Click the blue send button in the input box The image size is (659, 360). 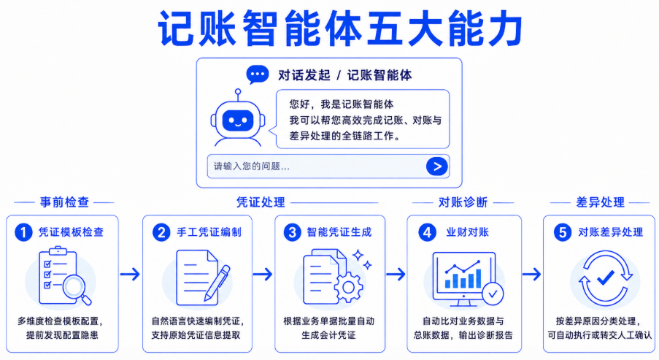(x=436, y=166)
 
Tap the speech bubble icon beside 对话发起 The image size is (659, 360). (x=257, y=74)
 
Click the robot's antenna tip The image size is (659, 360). (x=238, y=91)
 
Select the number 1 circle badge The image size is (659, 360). (x=23, y=232)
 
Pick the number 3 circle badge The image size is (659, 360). (x=293, y=232)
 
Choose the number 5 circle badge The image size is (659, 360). (x=563, y=232)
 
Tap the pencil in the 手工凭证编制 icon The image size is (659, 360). (x=217, y=283)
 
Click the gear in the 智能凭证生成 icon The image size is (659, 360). (x=348, y=287)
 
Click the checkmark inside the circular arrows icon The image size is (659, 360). (x=606, y=277)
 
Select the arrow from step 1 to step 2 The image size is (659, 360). (x=130, y=275)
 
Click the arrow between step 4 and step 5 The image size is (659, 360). (x=531, y=275)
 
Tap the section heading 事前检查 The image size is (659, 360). (x=64, y=202)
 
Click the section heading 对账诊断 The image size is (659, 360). (x=463, y=202)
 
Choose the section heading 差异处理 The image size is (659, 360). (x=600, y=202)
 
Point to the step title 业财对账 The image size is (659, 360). (x=467, y=232)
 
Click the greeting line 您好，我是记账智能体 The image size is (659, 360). (x=342, y=104)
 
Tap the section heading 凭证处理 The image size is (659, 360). (x=261, y=202)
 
